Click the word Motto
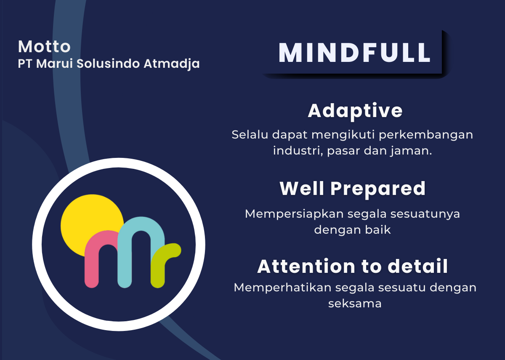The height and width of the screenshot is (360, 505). click(x=44, y=47)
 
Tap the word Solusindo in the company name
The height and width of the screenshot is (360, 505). click(x=108, y=64)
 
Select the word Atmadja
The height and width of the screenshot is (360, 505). click(x=172, y=64)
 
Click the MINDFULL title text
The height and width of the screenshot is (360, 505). click(x=354, y=52)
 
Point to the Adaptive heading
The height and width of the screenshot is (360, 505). click(x=355, y=111)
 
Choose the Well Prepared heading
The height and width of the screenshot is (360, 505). click(x=352, y=189)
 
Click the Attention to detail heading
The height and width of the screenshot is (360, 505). click(x=352, y=267)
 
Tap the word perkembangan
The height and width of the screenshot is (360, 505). click(x=425, y=135)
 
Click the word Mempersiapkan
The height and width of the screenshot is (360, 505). click(x=294, y=214)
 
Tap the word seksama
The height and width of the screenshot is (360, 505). click(x=355, y=304)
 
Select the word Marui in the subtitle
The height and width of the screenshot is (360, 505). click(x=55, y=64)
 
